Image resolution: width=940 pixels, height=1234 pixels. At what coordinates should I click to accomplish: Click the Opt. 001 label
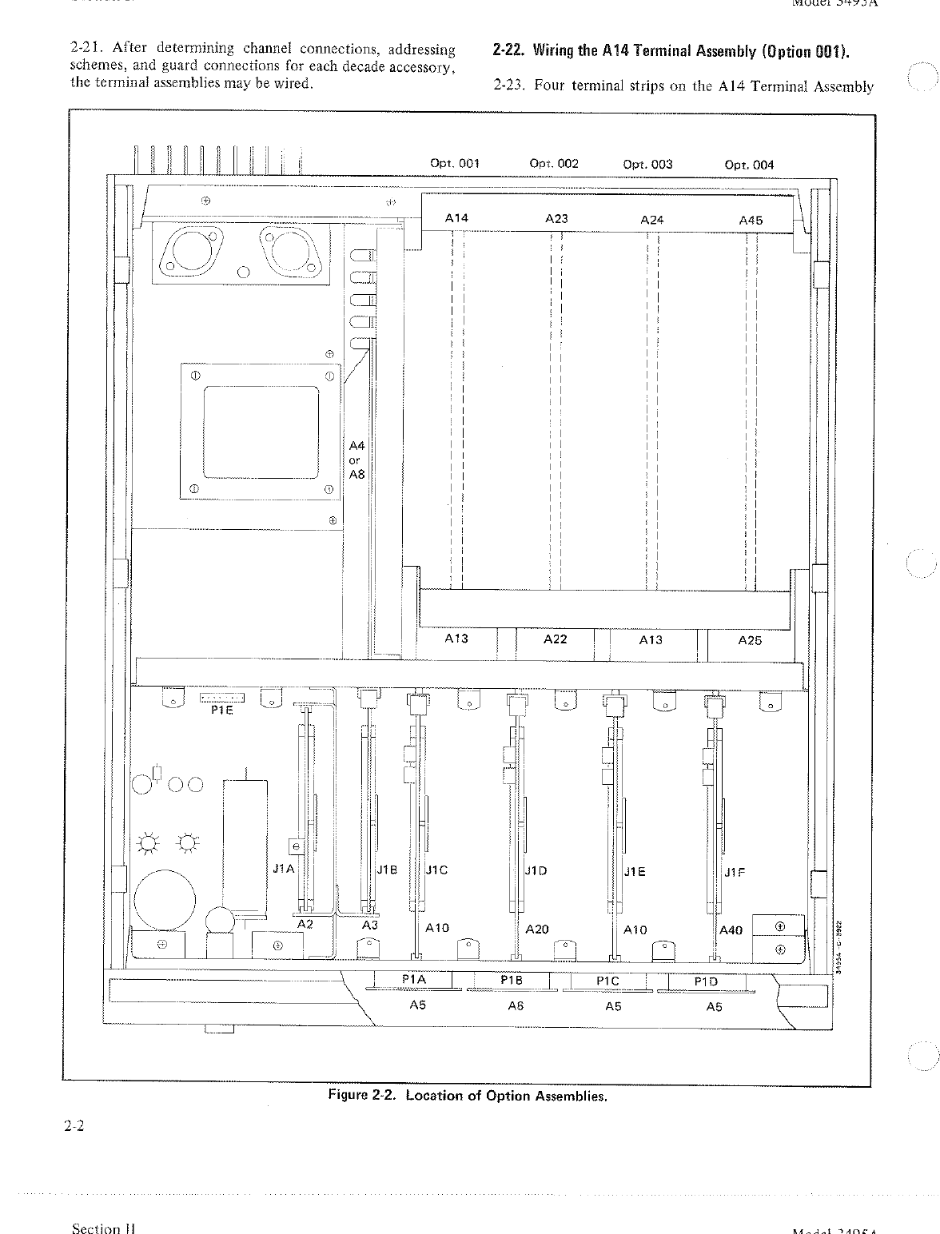coord(455,164)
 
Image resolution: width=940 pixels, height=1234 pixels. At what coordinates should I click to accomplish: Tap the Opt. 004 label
coord(749,165)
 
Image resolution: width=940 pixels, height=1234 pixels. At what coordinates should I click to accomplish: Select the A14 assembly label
coord(456,217)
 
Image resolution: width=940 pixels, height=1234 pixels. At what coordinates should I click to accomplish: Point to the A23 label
coord(556,218)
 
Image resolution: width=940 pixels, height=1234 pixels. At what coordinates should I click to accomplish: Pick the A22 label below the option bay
coord(555,639)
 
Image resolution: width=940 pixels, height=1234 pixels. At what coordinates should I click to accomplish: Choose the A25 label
coord(750,640)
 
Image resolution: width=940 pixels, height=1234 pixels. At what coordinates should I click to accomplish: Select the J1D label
coord(536,871)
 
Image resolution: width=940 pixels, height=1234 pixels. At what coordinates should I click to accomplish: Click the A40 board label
coord(731,929)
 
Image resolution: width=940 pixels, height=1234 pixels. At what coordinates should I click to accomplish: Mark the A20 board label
coord(537,929)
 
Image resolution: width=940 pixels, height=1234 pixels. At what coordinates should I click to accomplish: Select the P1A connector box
coord(414,980)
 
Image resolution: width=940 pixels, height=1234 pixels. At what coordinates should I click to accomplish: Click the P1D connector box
coord(707,981)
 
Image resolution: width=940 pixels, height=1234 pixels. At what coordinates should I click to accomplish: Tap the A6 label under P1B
coord(516,1006)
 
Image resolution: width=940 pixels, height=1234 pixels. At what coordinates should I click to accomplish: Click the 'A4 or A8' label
coord(356,460)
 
